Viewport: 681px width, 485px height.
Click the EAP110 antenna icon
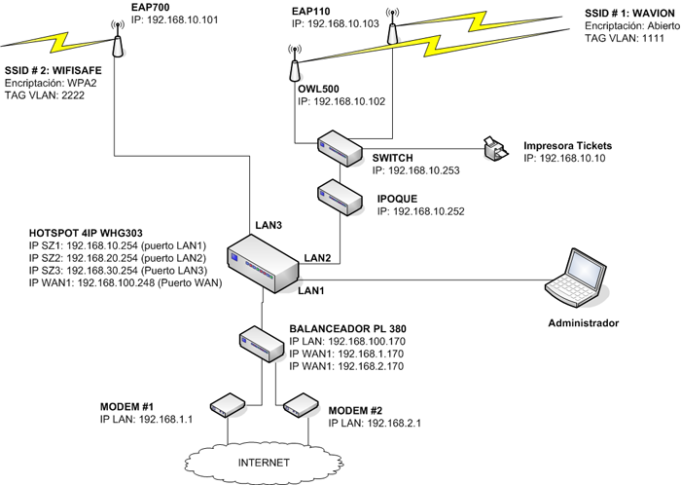(x=392, y=28)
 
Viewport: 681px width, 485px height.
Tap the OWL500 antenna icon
(x=294, y=67)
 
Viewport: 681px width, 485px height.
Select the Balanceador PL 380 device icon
(x=261, y=340)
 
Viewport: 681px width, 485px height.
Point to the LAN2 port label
(x=317, y=258)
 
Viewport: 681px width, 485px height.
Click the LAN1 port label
(x=312, y=290)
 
